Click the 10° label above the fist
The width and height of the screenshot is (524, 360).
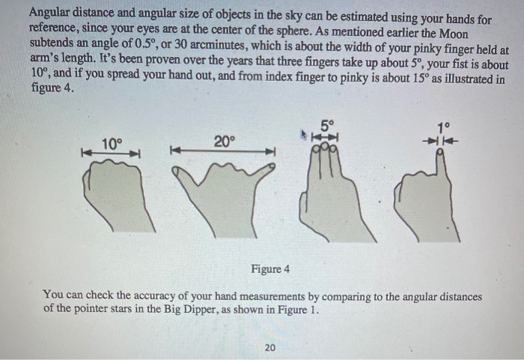click(112, 142)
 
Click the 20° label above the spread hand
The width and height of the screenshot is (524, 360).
click(224, 140)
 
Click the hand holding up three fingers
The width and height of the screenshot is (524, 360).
click(326, 198)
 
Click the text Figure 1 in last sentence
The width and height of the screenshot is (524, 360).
click(296, 308)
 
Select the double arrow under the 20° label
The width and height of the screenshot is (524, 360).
click(224, 152)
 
